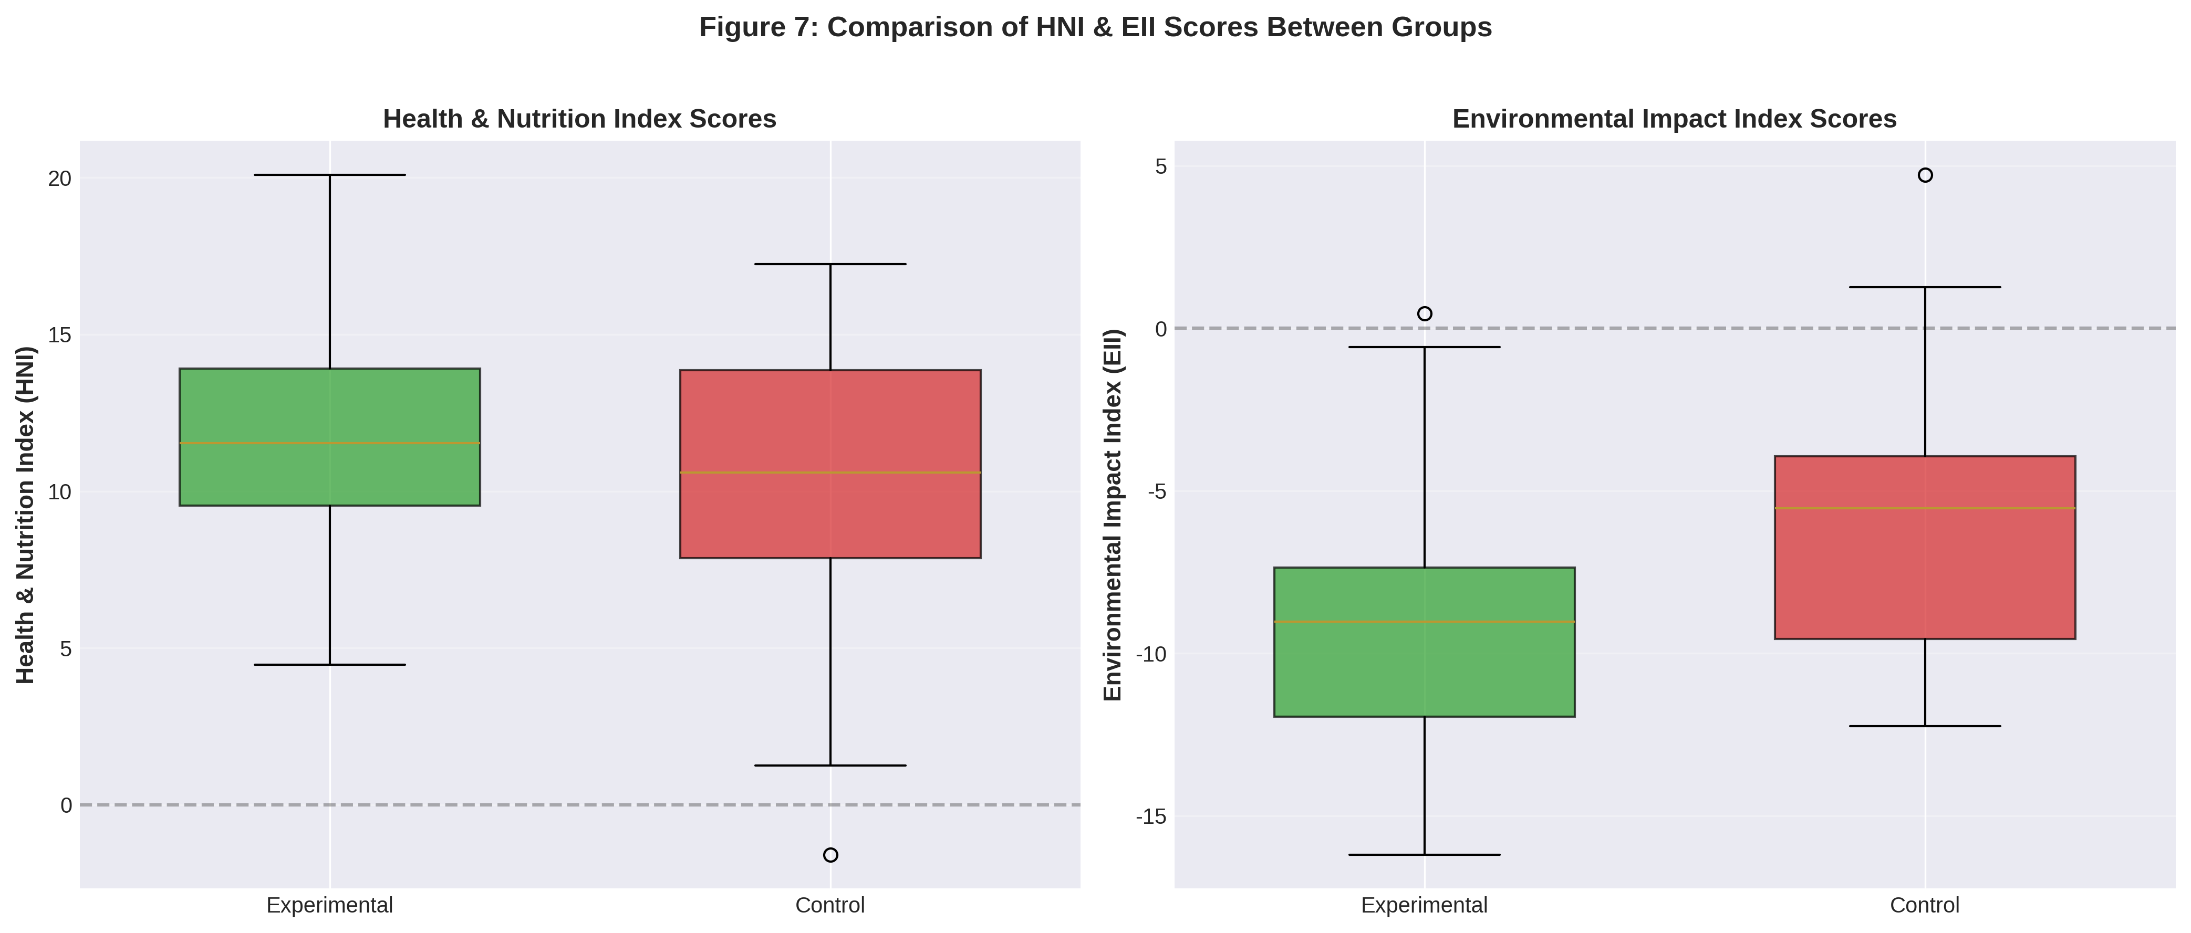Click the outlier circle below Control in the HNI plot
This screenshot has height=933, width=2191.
pyautogui.click(x=830, y=855)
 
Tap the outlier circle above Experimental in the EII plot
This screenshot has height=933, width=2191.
pyautogui.click(x=1425, y=314)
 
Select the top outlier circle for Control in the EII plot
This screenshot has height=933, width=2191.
pyautogui.click(x=1925, y=175)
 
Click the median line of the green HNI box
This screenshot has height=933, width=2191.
pyautogui.click(x=330, y=443)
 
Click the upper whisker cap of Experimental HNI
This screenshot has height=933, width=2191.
pyautogui.click(x=330, y=174)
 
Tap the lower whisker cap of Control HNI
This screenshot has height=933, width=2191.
pyautogui.click(x=830, y=766)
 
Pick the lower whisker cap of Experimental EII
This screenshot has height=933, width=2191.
pyautogui.click(x=1425, y=855)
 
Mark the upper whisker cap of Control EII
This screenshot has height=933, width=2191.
pyautogui.click(x=1925, y=288)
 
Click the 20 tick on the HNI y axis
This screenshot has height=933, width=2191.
pyautogui.click(x=59, y=179)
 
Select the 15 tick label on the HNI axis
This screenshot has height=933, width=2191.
pyautogui.click(x=59, y=335)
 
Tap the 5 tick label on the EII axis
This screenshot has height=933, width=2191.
pyautogui.click(x=1160, y=166)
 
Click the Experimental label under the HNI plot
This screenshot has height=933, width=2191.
pyautogui.click(x=330, y=906)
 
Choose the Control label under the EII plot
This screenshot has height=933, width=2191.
pyautogui.click(x=1925, y=906)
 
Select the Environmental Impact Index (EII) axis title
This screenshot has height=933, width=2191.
pyautogui.click(x=1114, y=515)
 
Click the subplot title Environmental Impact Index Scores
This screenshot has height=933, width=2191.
pyautogui.click(x=1674, y=119)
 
